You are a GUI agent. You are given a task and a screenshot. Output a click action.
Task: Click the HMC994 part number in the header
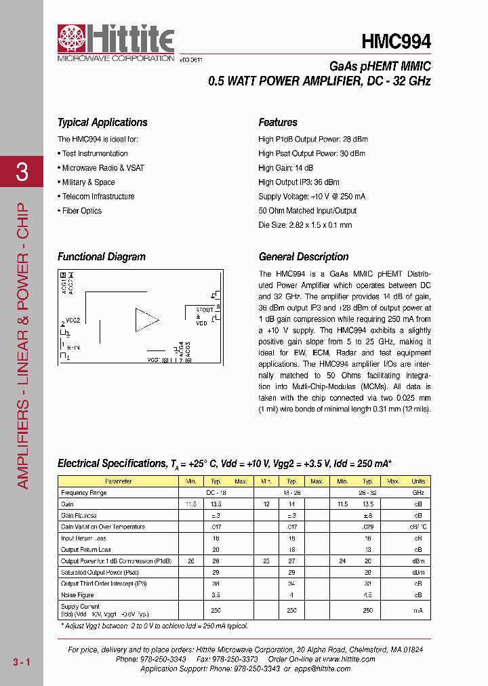click(x=396, y=41)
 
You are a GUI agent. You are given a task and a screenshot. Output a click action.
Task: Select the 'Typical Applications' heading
click(x=102, y=123)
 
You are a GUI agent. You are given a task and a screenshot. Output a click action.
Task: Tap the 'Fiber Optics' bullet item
click(x=81, y=211)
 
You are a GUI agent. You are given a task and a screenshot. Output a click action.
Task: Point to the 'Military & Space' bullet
click(x=87, y=182)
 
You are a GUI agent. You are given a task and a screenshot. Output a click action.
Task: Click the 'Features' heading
click(x=278, y=123)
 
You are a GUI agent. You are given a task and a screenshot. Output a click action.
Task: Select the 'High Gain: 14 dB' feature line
click(x=286, y=168)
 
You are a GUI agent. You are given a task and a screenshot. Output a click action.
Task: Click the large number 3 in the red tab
click(x=22, y=172)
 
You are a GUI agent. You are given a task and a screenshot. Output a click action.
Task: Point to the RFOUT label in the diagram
click(x=204, y=310)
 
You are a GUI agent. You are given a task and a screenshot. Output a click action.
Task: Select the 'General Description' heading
click(x=304, y=257)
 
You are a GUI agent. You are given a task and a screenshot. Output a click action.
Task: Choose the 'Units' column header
click(x=418, y=481)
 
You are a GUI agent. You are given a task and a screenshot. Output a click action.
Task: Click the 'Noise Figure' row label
click(x=77, y=595)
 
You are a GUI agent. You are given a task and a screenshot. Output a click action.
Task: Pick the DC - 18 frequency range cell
click(x=216, y=493)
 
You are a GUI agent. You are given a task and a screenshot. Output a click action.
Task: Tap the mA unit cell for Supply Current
click(x=418, y=610)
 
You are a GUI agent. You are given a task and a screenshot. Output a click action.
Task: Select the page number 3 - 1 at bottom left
click(x=21, y=661)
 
